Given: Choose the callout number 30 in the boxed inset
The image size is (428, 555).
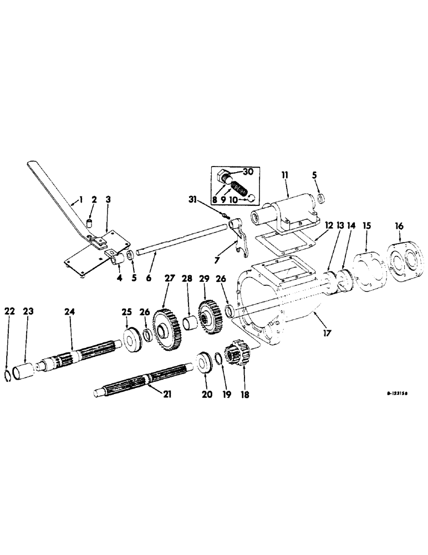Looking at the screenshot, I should pyautogui.click(x=247, y=171).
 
